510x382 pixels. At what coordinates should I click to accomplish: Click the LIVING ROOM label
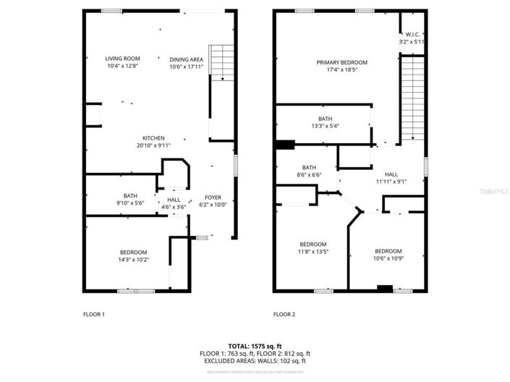tap(122, 59)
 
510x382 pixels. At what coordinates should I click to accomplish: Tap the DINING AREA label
tap(186, 59)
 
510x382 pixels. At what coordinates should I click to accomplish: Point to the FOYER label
tap(213, 197)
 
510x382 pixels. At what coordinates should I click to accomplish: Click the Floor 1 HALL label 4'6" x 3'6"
tap(174, 200)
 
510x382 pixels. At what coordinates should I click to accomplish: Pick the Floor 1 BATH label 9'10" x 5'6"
tap(130, 195)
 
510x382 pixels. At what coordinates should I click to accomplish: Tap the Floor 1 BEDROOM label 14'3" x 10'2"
tap(134, 252)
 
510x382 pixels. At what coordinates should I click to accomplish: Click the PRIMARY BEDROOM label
tap(337, 62)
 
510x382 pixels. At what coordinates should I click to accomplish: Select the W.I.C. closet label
tap(412, 35)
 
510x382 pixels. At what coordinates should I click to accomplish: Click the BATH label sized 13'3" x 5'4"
tap(325, 119)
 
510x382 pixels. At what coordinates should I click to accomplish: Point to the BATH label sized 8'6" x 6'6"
tap(309, 167)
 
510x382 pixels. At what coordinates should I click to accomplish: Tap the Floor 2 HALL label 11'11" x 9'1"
tap(391, 174)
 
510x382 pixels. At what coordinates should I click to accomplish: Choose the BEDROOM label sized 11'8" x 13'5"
tap(313, 244)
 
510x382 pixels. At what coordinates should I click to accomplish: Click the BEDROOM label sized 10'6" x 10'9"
tap(388, 251)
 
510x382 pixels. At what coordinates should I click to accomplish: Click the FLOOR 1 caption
tap(94, 315)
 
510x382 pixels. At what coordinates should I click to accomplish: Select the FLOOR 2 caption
tap(284, 315)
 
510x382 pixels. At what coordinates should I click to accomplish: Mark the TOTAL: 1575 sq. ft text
tap(255, 346)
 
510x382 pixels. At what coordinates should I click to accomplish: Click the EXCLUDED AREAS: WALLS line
tap(255, 360)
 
